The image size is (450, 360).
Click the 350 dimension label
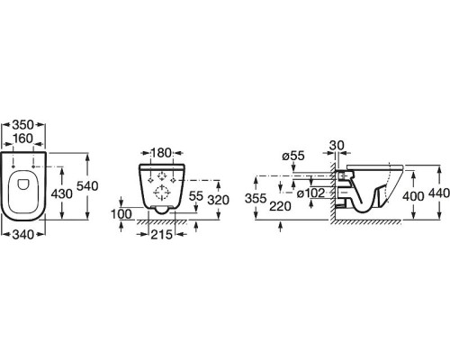pos(23,125)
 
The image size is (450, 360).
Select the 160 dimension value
pos(23,139)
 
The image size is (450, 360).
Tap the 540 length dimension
pos(87,186)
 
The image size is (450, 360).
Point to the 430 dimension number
pos(62,193)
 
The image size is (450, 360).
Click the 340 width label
pos(23,234)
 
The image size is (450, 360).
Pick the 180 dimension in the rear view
pos(161,153)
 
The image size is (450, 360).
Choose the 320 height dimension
pos(219,200)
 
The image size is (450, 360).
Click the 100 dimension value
pos(121,214)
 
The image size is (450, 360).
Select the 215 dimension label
pos(161,234)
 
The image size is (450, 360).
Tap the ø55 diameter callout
pos(293,156)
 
